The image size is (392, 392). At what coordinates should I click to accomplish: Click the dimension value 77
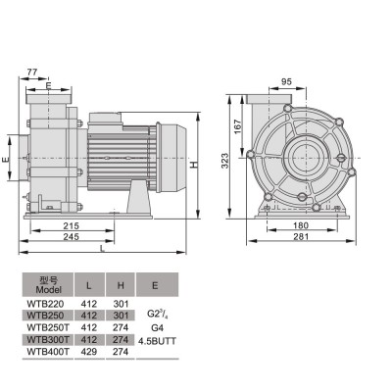coord(33,73)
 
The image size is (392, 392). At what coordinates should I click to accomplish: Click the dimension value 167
coord(236,126)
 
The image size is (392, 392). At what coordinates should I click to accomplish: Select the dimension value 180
coord(298,224)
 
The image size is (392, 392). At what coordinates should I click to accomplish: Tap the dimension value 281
coord(298,236)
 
